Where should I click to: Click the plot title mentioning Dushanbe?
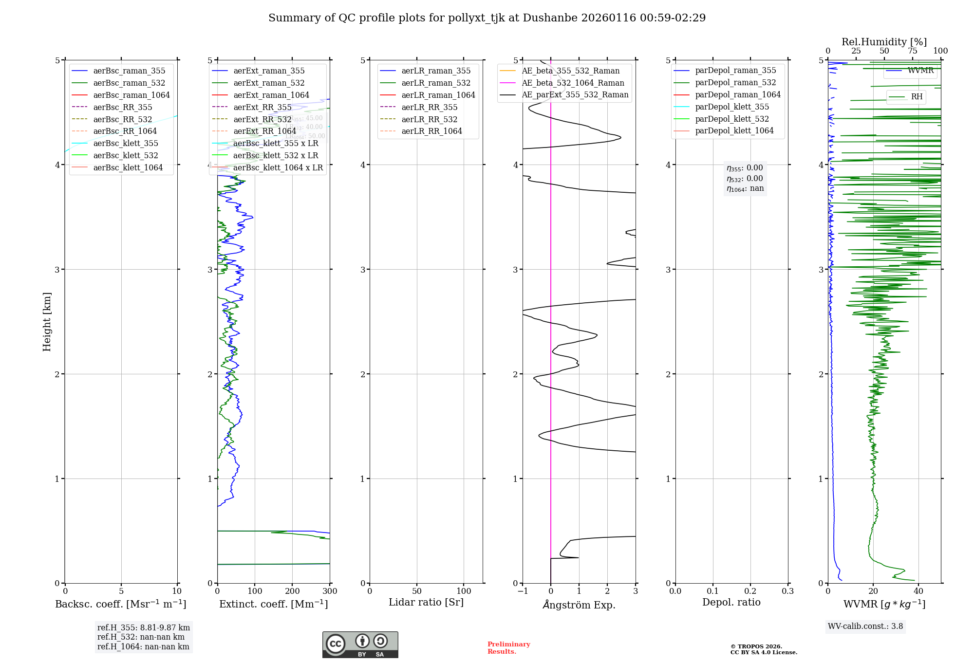487,18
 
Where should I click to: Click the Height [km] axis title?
47,322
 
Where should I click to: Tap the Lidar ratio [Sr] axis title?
426,602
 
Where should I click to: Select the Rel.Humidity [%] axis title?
884,42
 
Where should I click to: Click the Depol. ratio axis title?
731,602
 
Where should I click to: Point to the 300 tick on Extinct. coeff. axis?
330,591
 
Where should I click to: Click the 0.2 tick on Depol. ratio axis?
750,591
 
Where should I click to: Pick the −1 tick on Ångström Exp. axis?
523,591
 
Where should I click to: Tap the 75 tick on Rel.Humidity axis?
912,51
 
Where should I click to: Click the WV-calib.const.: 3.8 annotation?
865,626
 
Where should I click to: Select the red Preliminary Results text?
508,648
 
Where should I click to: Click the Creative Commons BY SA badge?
360,645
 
